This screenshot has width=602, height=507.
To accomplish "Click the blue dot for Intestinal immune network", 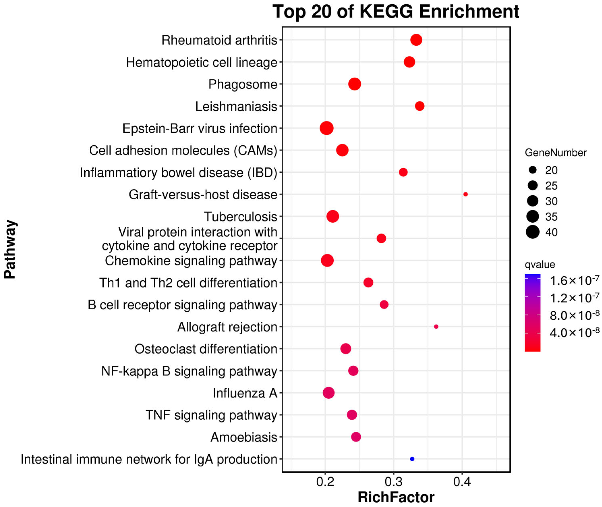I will (x=412, y=459).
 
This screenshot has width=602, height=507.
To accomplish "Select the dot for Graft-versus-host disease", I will (x=465, y=194).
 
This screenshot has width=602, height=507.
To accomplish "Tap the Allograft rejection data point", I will (x=436, y=327).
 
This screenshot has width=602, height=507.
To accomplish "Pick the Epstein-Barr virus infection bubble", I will (x=327, y=128).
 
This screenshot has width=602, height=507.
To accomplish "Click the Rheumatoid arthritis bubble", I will (x=416, y=40).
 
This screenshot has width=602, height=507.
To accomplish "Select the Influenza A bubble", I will (x=329, y=393).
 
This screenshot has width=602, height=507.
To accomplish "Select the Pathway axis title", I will (x=10, y=250).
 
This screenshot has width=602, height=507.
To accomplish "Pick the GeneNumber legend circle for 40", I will (x=533, y=232).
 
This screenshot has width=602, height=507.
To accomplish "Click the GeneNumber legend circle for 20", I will (x=533, y=170).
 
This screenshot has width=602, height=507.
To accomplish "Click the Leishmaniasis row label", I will (x=236, y=107).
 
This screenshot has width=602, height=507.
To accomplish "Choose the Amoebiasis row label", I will (x=244, y=437).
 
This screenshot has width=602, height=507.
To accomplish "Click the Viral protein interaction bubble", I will (x=381, y=238).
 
